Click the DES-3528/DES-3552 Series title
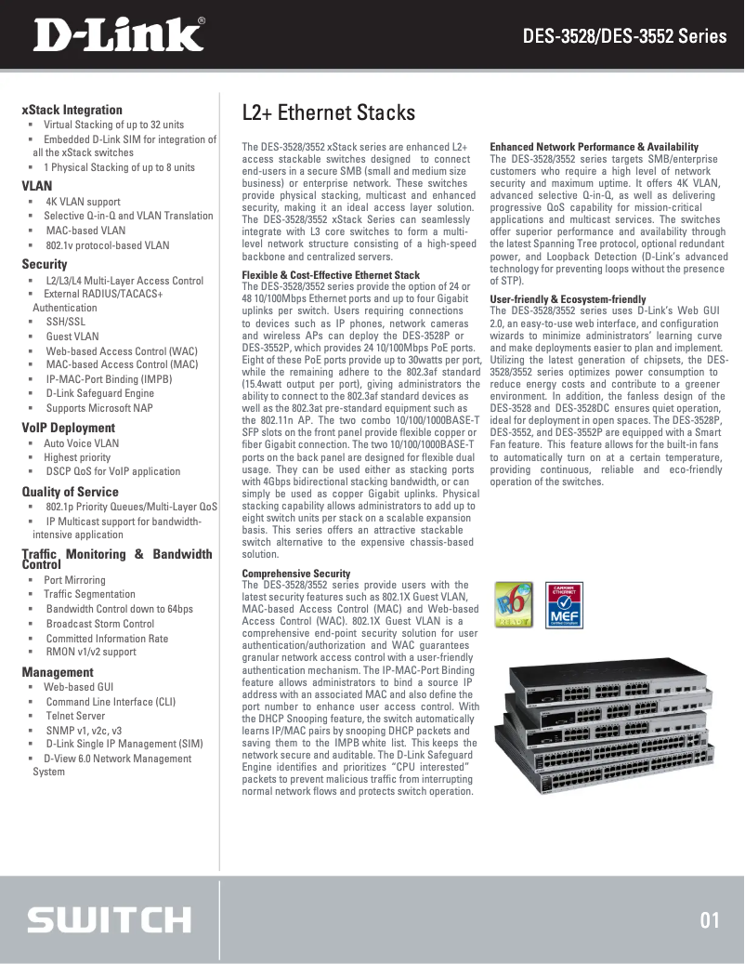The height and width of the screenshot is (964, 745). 624,37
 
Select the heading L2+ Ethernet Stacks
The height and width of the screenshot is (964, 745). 328,112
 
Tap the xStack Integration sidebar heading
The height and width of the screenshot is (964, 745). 72,110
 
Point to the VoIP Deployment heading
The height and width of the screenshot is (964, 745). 68,429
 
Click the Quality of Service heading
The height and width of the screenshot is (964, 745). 70,492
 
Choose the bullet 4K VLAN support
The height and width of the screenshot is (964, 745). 83,201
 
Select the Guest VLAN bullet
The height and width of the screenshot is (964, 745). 72,337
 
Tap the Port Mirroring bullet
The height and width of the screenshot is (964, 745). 74,580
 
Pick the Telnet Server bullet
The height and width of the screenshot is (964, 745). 75,717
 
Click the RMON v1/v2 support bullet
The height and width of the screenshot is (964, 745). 91,653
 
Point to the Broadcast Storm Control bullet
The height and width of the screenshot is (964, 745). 100,624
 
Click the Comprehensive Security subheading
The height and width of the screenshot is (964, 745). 296,574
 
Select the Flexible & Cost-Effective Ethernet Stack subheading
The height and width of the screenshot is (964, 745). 331,275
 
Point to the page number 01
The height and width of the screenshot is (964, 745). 710,920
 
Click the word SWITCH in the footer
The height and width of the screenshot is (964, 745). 109,920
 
